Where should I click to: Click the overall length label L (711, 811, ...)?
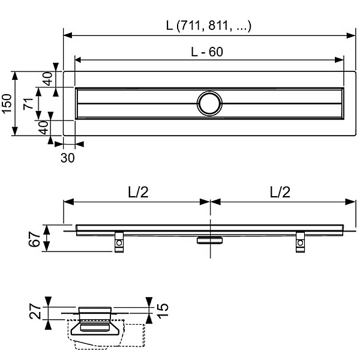209,26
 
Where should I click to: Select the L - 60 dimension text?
207,52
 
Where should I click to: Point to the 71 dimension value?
28,104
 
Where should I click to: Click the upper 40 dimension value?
47,79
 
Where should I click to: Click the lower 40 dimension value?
43,128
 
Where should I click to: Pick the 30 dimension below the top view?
67,158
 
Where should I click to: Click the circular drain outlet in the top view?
209,104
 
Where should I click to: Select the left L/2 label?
138,192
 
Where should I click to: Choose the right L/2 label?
280,192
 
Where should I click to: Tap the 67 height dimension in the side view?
34,239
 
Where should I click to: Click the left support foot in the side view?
119,242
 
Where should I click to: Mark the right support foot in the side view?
300,242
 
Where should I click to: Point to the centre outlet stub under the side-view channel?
209,240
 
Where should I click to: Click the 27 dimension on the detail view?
35,311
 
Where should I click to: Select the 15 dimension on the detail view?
163,310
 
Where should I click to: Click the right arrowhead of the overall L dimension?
351,35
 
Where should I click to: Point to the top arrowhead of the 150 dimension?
14,76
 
